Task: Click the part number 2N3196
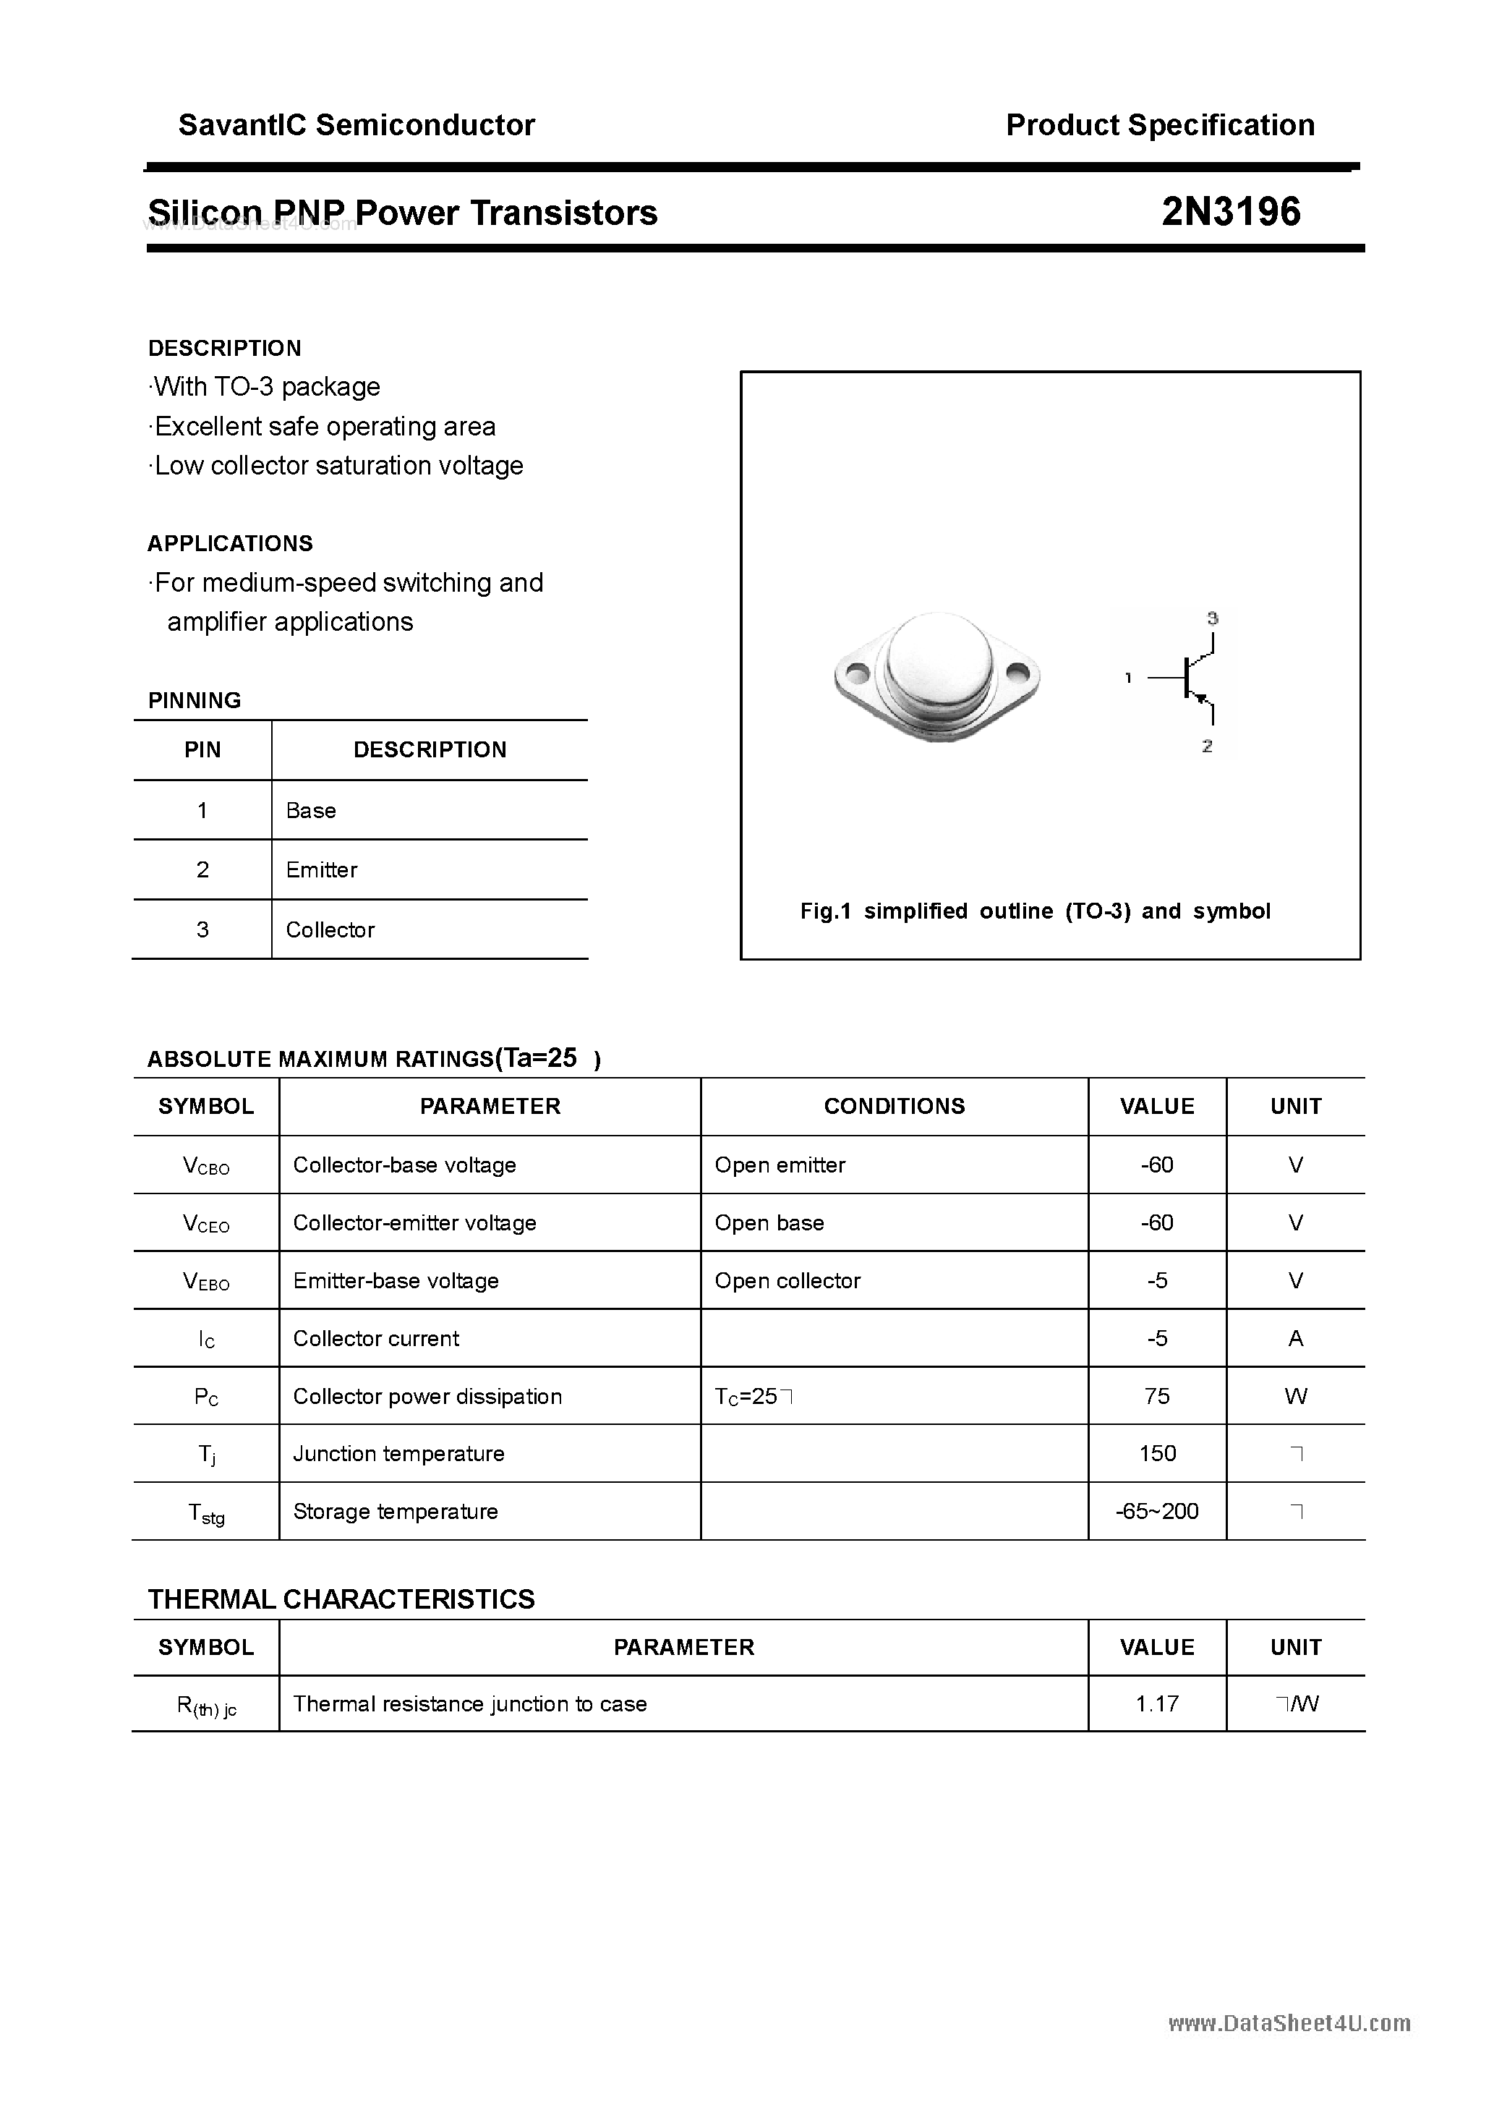pyautogui.click(x=1231, y=212)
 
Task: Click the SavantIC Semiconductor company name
pyautogui.click(x=357, y=125)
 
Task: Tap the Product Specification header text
pyautogui.click(x=1160, y=125)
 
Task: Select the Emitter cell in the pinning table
pyautogui.click(x=322, y=869)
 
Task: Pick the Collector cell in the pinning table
pyautogui.click(x=330, y=929)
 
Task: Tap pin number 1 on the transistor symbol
pyautogui.click(x=1128, y=678)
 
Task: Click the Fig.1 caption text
pyautogui.click(x=1036, y=911)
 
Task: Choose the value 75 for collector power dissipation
pyautogui.click(x=1157, y=1397)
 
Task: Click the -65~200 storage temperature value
pyautogui.click(x=1157, y=1512)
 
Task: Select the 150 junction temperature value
pyautogui.click(x=1157, y=1454)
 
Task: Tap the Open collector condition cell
pyautogui.click(x=787, y=1280)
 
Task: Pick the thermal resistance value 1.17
pyautogui.click(x=1157, y=1704)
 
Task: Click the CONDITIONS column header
pyautogui.click(x=894, y=1106)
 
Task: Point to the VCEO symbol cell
pyautogui.click(x=206, y=1223)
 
